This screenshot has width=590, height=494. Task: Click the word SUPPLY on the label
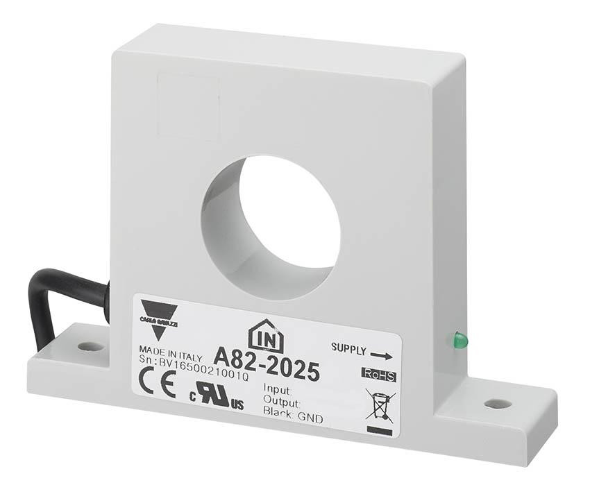[348, 348]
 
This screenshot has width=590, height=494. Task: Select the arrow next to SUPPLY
[381, 355]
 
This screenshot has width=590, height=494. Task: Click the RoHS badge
[378, 375]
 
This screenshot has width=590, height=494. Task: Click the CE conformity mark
[158, 381]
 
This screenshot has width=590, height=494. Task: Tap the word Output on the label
[281, 402]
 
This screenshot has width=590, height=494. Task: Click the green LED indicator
[460, 340]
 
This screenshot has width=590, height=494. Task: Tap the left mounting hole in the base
[90, 346]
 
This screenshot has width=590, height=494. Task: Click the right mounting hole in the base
[498, 403]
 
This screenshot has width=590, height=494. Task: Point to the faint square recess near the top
[187, 108]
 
